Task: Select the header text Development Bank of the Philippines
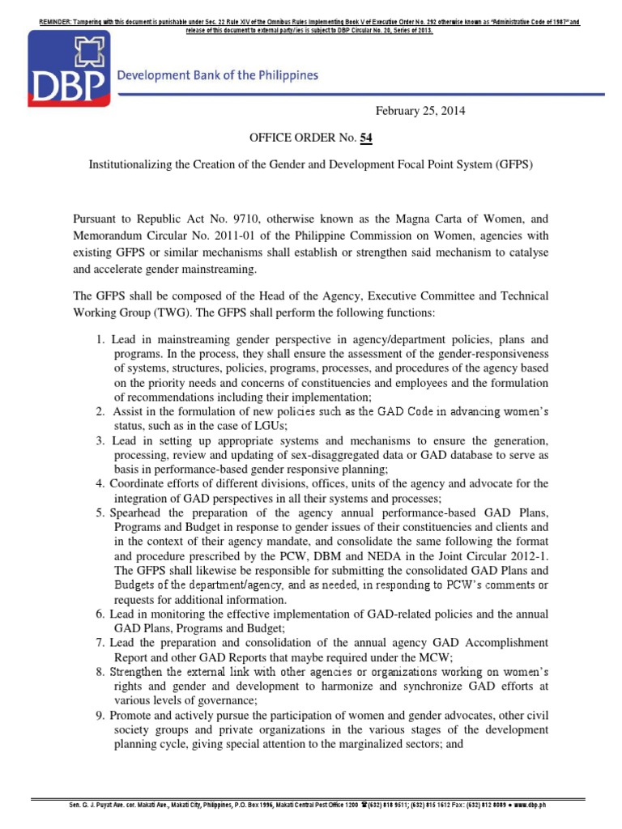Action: point(218,76)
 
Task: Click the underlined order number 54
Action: point(355,138)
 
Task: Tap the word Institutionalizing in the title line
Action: point(129,164)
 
